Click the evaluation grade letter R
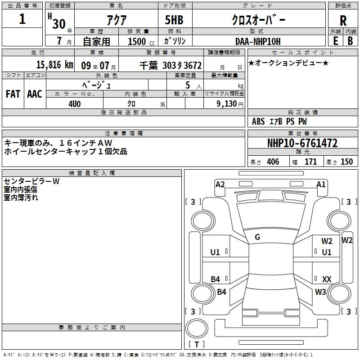[343, 21]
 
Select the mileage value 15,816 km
[55, 65]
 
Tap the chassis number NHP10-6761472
[302, 143]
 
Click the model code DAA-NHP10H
[258, 41]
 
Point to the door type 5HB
[174, 20]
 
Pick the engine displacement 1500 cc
[141, 41]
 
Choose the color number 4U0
[75, 104]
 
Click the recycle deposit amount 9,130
[227, 104]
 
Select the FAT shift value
[13, 94]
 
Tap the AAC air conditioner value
[35, 94]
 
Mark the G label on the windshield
[257, 237]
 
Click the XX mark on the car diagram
[327, 279]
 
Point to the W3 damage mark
[320, 292]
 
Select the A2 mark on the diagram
[220, 184]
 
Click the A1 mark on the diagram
[321, 184]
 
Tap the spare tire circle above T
[197, 328]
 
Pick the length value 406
[273, 162]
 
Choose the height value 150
[346, 162]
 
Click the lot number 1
[22, 19]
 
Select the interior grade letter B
[350, 41]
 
